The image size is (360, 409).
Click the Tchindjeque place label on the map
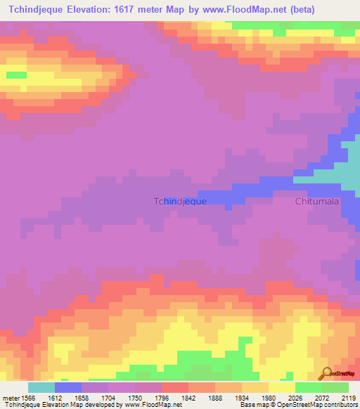(x=180, y=201)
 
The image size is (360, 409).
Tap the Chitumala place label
(x=316, y=201)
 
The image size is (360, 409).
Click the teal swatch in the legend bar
(x=41, y=387)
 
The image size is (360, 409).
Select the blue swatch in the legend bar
(x=67, y=387)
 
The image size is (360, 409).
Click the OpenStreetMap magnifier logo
(x=326, y=372)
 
